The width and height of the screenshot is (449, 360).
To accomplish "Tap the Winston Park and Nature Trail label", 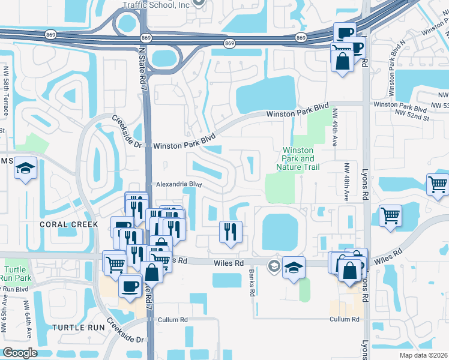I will (298, 158).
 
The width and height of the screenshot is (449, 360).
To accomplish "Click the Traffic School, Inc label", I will (155, 5).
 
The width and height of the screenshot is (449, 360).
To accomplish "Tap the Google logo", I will (20, 353).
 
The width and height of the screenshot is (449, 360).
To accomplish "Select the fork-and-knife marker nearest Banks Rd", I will (231, 232).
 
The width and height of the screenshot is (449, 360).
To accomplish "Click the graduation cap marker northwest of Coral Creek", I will (26, 169).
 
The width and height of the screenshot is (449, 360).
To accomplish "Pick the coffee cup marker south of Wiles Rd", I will (130, 286).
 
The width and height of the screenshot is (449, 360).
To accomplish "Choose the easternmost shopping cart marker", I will (438, 185).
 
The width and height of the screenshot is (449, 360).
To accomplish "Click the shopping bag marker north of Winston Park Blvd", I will (342, 62).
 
